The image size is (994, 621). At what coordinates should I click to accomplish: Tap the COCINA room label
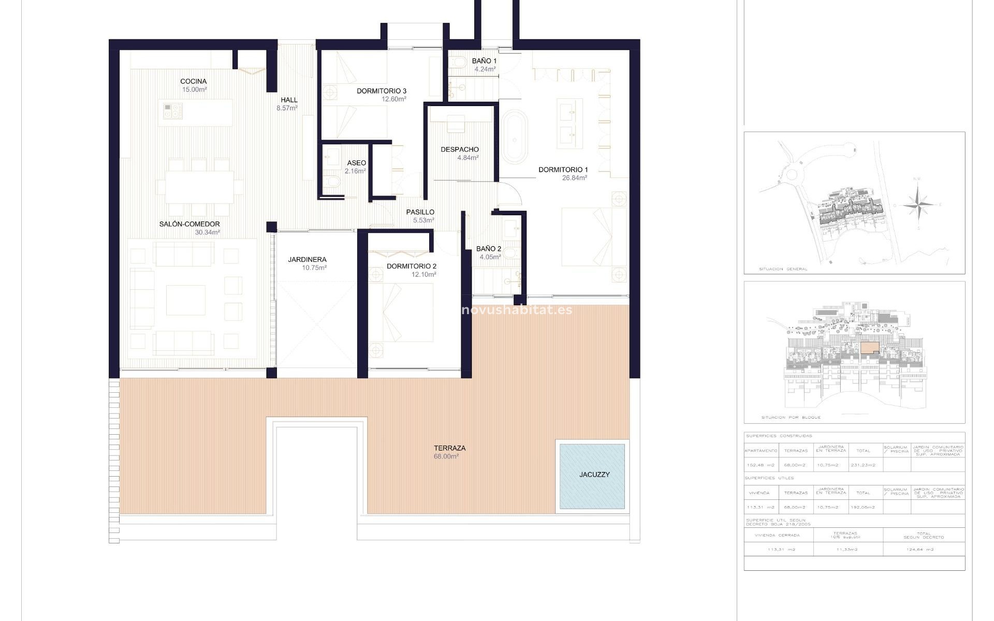coord(194,81)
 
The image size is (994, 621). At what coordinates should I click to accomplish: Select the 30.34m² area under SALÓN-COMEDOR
coord(207,232)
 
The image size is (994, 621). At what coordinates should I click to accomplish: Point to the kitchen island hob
coord(173,110)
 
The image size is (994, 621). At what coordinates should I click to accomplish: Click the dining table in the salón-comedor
coord(199,186)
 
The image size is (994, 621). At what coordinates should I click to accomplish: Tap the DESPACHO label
coord(460,150)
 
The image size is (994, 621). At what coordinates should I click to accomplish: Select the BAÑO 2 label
coord(488,249)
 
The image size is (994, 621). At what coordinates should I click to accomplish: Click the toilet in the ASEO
coord(331,182)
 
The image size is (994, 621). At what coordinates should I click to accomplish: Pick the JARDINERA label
coord(307,260)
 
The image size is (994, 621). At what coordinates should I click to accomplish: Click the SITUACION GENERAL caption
coord(783,269)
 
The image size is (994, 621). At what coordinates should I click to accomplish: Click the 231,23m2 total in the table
coord(863,465)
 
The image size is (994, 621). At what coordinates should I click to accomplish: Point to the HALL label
coord(289,100)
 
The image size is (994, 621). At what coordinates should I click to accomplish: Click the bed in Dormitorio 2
coord(401,313)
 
